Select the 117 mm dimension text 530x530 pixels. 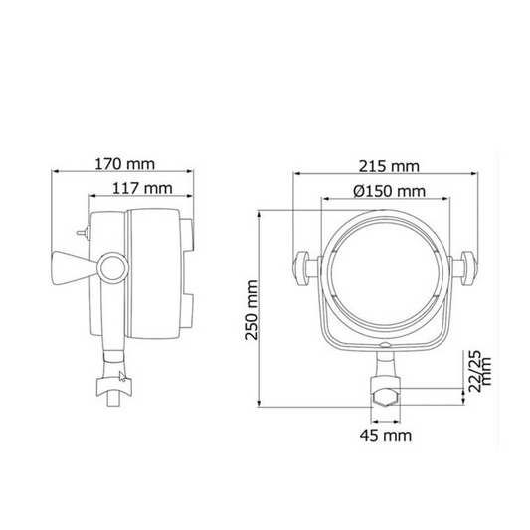pos(143,187)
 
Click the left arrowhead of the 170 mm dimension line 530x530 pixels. pos(57,171)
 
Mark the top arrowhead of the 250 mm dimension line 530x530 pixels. pos(260,213)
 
